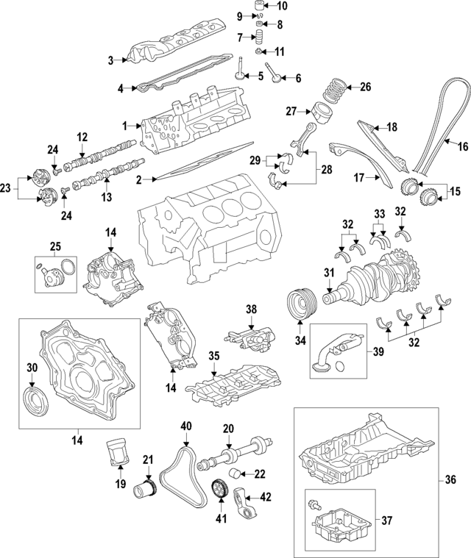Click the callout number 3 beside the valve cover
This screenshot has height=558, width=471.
click(110, 60)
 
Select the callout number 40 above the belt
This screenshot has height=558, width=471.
click(185, 426)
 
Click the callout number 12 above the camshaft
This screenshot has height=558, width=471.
click(82, 136)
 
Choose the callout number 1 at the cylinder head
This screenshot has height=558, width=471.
click(125, 126)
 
